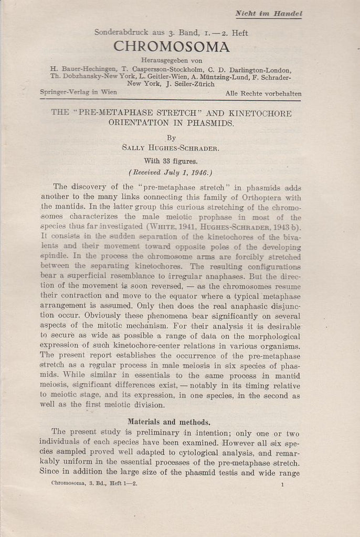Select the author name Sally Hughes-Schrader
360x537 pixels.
(x=171, y=148)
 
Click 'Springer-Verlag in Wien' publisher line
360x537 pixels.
(x=79, y=92)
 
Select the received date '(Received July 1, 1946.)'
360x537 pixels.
(x=171, y=171)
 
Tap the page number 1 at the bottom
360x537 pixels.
(x=282, y=485)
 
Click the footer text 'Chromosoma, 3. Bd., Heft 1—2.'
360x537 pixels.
(x=94, y=484)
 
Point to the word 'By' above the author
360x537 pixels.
(x=171, y=138)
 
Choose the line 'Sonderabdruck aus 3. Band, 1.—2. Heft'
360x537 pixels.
(x=171, y=33)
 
